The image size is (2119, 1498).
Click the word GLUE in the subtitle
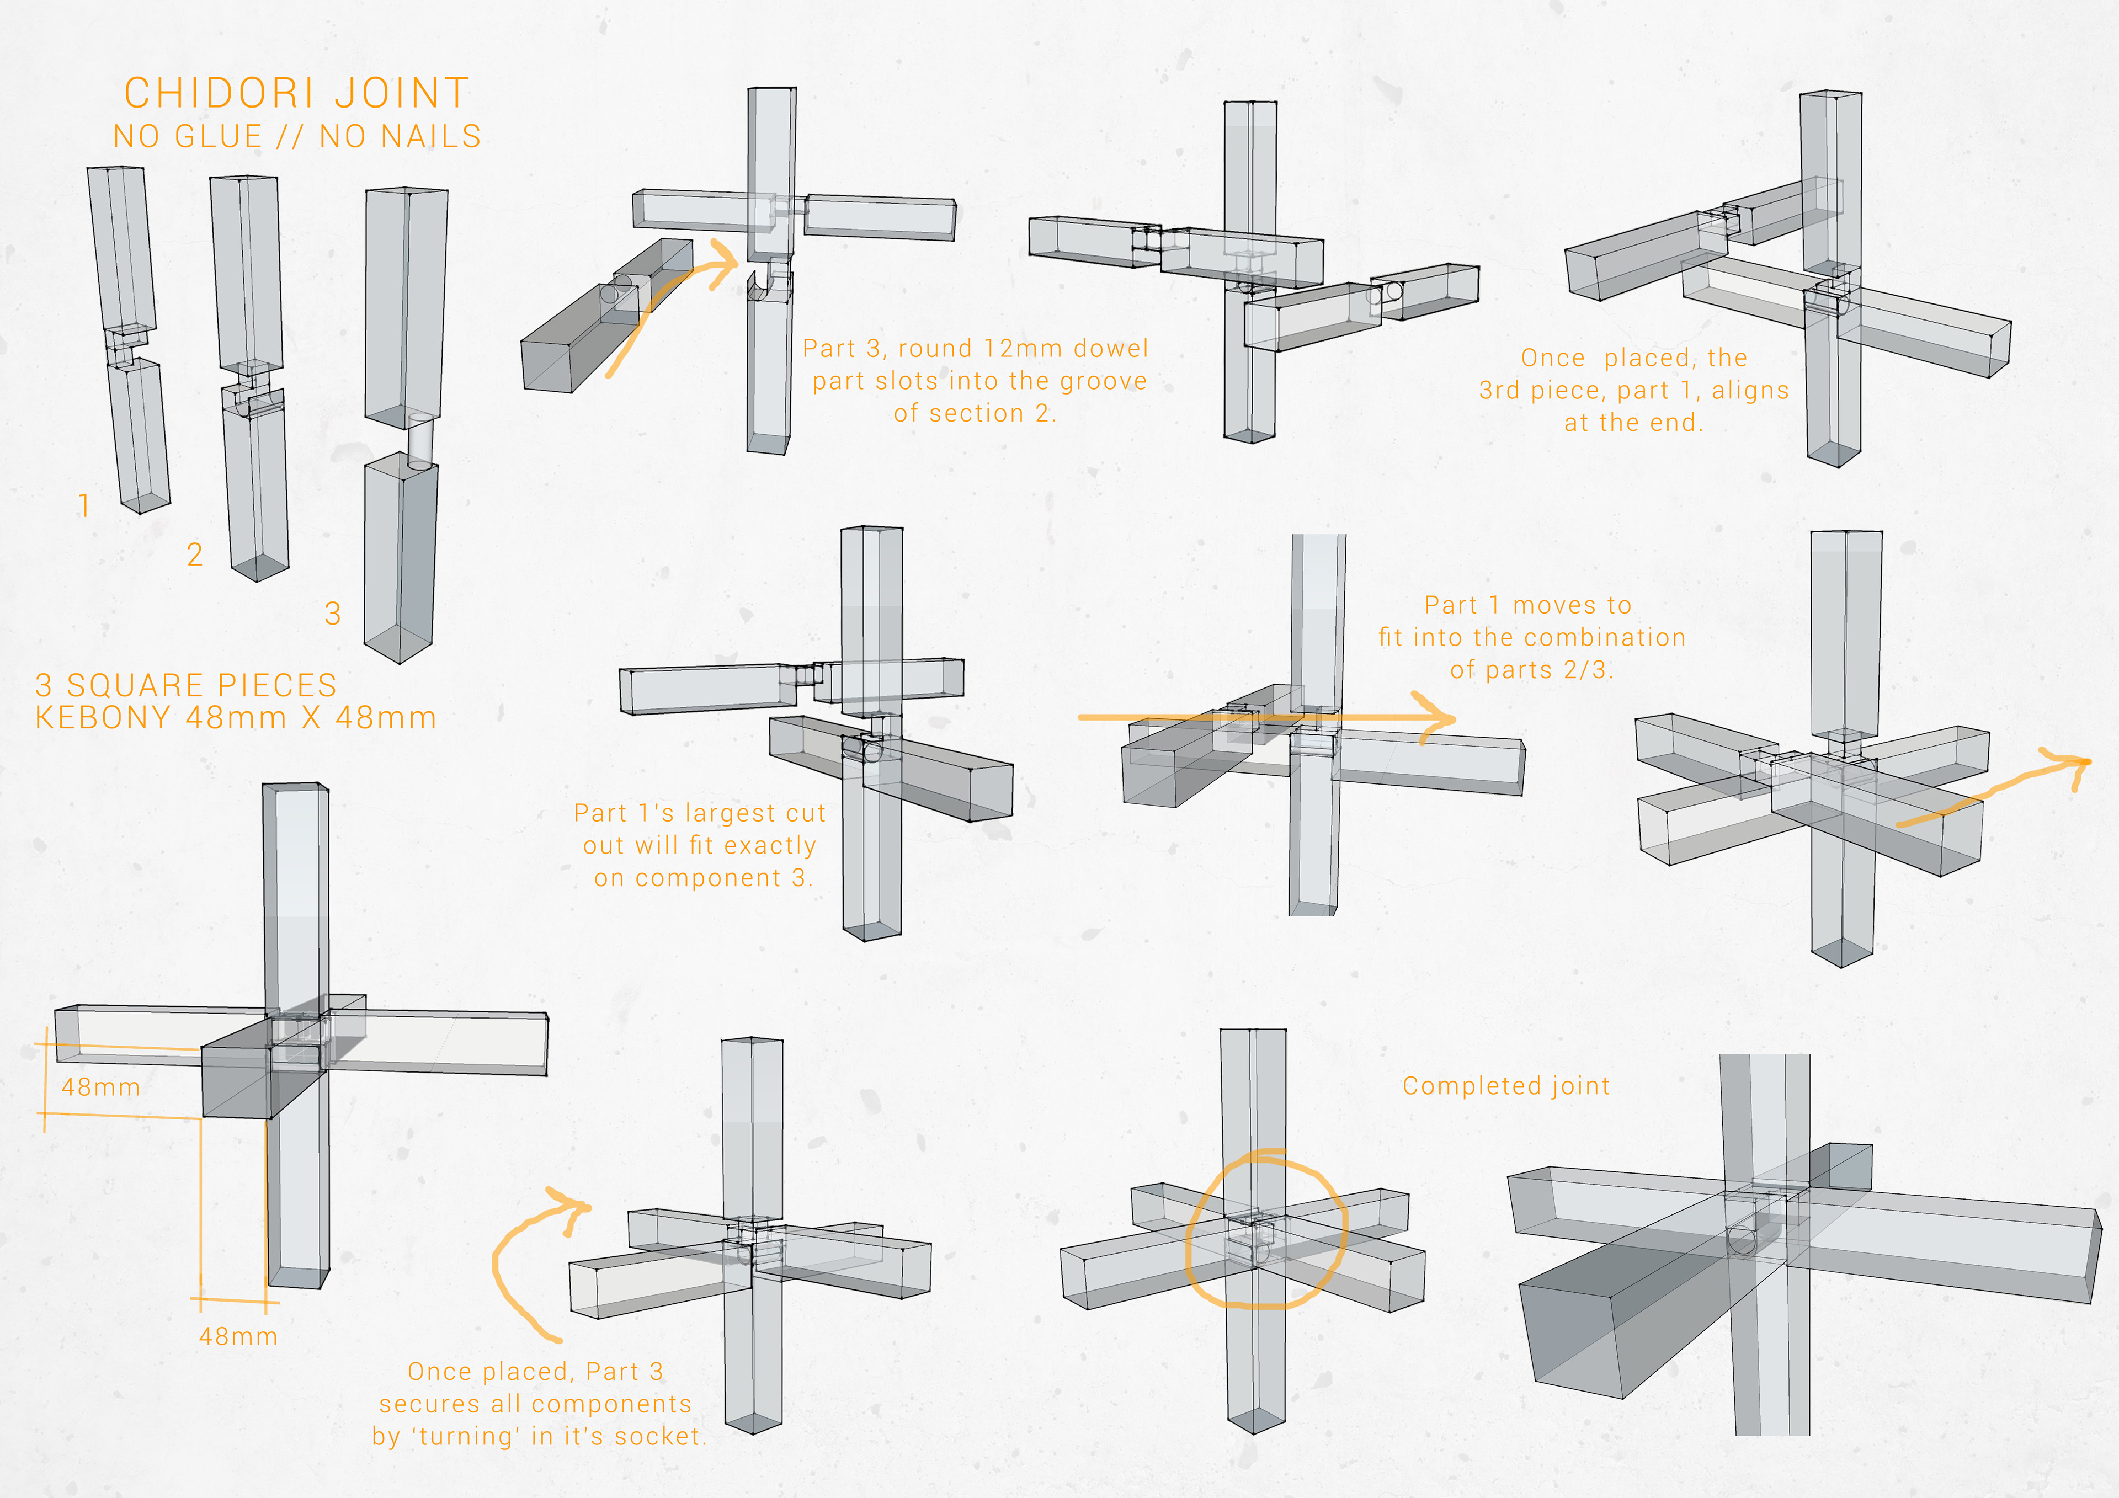pyautogui.click(x=219, y=137)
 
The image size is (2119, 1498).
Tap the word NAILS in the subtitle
pyautogui.click(x=435, y=137)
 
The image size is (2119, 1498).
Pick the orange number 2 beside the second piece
pyautogui.click(x=195, y=554)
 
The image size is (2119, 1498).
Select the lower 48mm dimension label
pyautogui.click(x=238, y=1336)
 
